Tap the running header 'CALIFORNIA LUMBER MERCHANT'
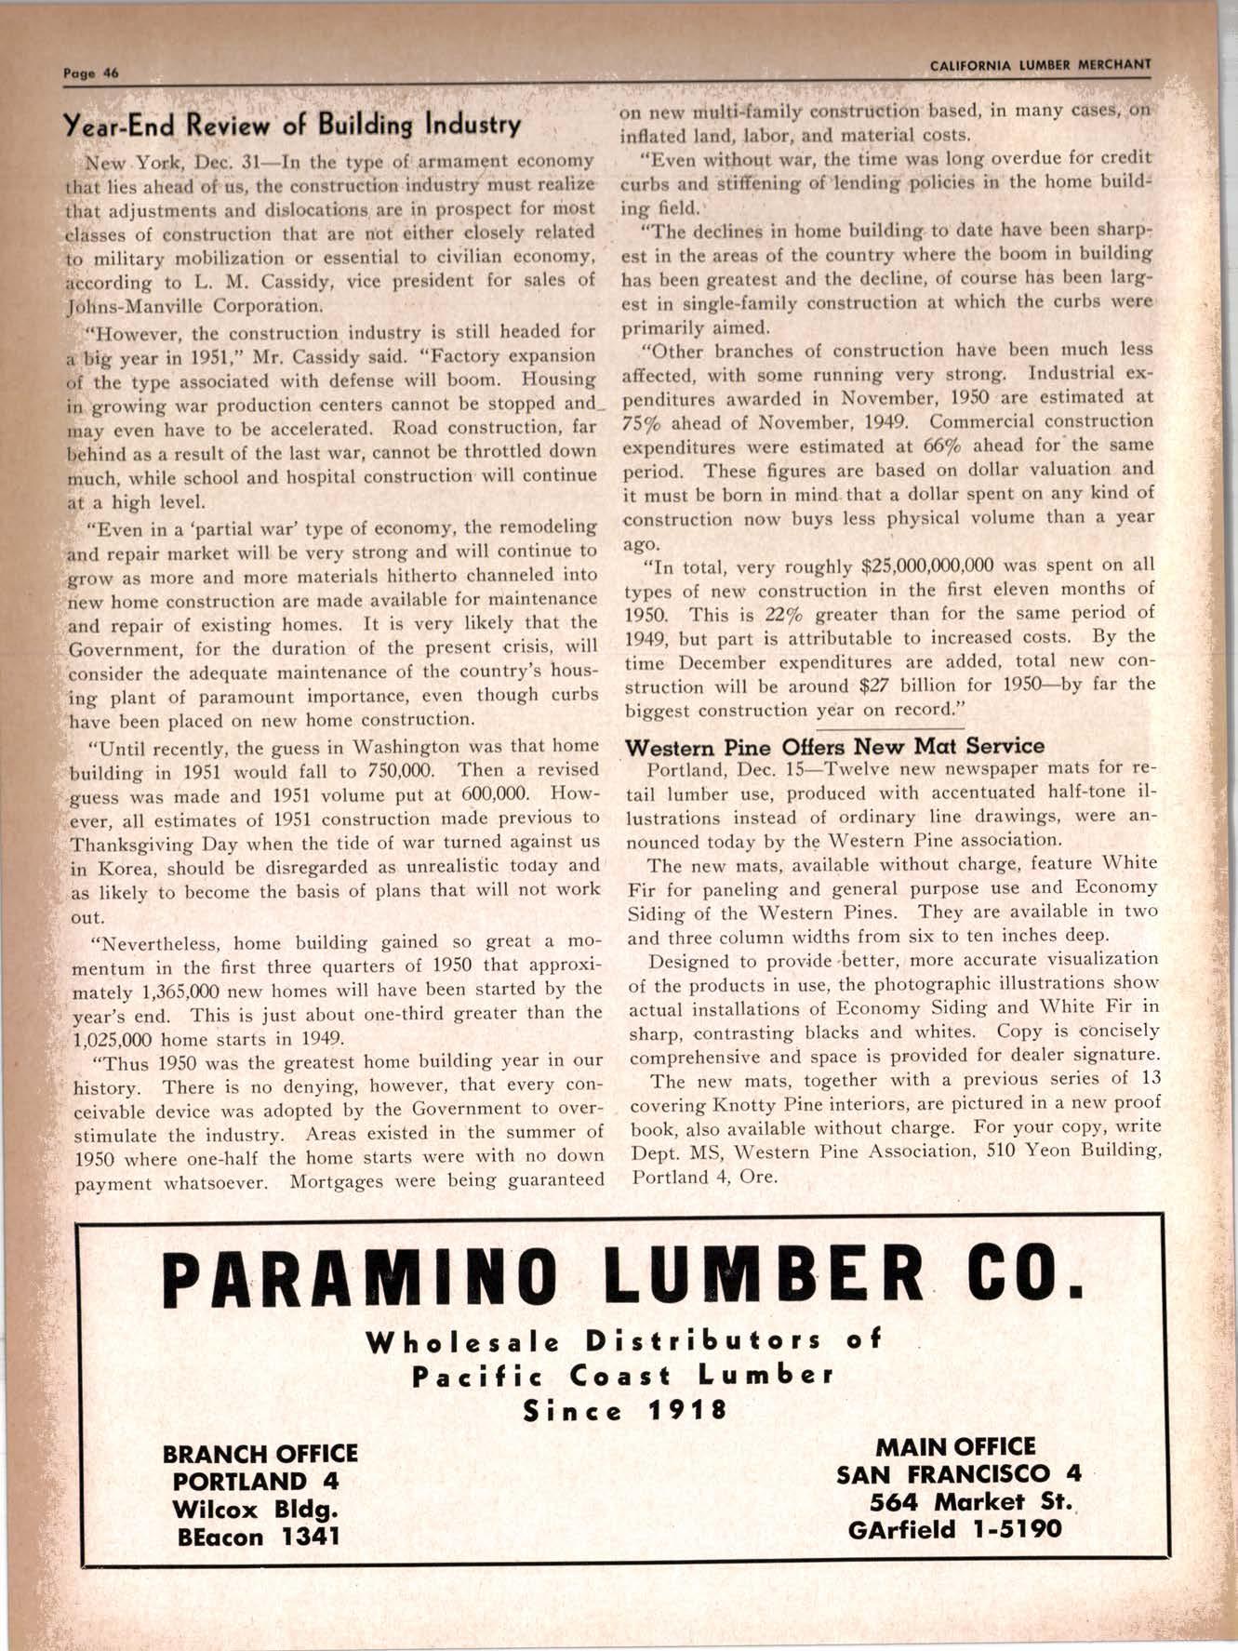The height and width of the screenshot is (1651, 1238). pyautogui.click(x=1040, y=65)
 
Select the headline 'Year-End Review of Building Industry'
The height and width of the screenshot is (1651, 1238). pyautogui.click(x=291, y=125)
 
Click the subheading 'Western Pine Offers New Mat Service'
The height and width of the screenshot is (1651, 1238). pyautogui.click(x=834, y=746)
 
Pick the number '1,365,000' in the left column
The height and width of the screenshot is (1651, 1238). pyautogui.click(x=127, y=990)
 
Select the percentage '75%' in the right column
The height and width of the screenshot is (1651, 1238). pyautogui.click(x=641, y=421)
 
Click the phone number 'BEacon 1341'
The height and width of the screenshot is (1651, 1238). pyautogui.click(x=259, y=1537)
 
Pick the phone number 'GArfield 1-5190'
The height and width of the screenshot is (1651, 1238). pyautogui.click(x=954, y=1529)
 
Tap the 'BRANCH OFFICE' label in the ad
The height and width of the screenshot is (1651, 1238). pyautogui.click(x=260, y=1453)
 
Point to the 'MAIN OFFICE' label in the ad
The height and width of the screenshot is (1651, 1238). pyautogui.click(x=954, y=1446)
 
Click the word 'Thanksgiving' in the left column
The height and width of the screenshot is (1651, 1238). pyautogui.click(x=129, y=845)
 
